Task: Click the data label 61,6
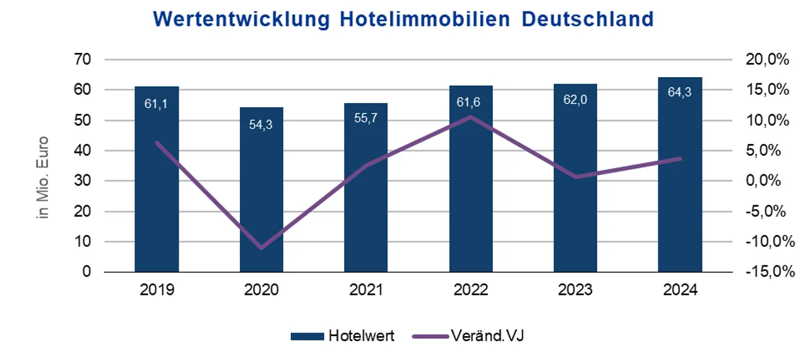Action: (x=471, y=102)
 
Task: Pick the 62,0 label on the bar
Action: (x=575, y=100)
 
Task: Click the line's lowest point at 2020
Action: (x=261, y=248)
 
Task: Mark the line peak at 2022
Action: (x=471, y=116)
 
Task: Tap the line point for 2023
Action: (x=576, y=177)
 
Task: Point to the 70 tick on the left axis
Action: (x=83, y=59)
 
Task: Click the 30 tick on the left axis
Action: (x=83, y=181)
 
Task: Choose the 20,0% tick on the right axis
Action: (x=766, y=59)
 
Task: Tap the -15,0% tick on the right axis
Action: (x=766, y=272)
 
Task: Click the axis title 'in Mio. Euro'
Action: (x=44, y=176)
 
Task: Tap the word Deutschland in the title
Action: (x=588, y=19)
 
